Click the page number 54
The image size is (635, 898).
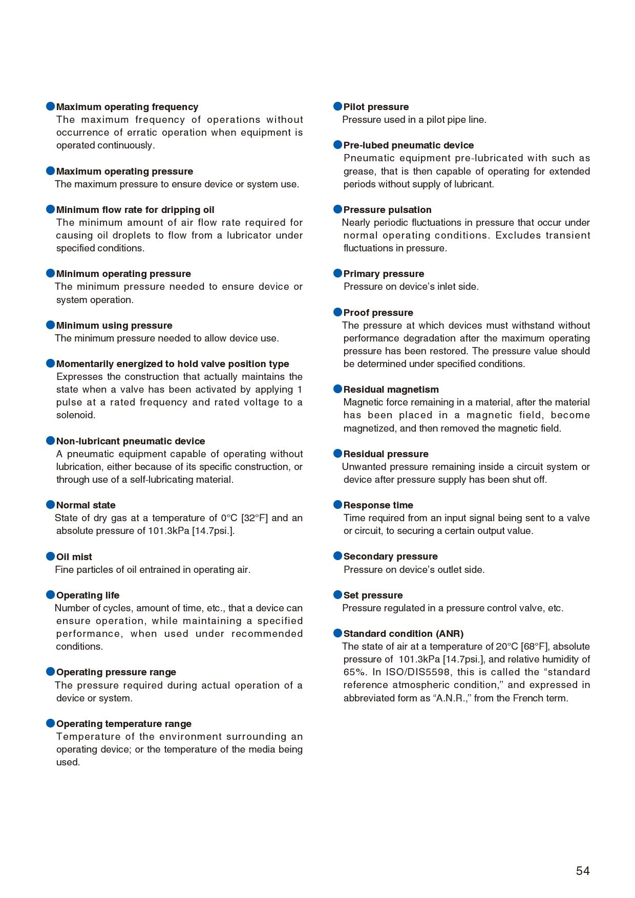click(582, 870)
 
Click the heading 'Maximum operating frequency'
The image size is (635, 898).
click(127, 107)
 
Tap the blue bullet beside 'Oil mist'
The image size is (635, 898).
click(50, 557)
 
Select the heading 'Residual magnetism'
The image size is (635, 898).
click(391, 390)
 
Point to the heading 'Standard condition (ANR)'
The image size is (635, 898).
click(403, 634)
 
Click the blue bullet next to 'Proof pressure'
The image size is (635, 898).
click(337, 312)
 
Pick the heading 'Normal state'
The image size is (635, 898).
click(86, 505)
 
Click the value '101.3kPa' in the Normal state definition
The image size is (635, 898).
click(168, 531)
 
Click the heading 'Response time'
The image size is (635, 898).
click(378, 505)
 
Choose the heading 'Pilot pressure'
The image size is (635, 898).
click(376, 107)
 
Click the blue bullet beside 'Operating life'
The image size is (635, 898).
click(50, 595)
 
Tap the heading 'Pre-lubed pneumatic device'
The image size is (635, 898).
click(408, 145)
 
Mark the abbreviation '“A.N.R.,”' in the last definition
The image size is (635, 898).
click(452, 698)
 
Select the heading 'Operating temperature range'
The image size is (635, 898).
click(123, 724)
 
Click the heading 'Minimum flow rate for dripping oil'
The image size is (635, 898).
click(135, 210)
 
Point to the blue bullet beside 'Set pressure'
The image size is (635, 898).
click(337, 595)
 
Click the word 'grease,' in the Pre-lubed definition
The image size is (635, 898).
click(360, 172)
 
